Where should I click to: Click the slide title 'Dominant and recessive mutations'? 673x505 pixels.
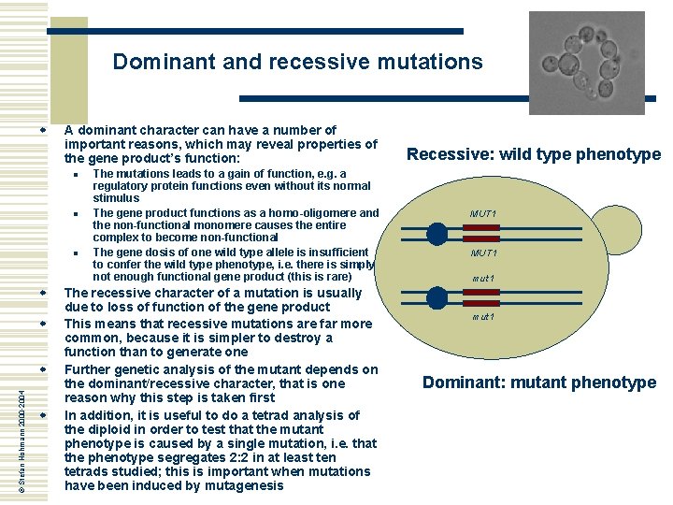pos(297,63)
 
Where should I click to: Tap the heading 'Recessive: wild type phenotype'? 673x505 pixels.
pos(534,154)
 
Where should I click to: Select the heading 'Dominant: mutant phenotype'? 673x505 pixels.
pos(539,382)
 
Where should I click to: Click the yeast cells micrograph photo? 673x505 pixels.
pos(587,63)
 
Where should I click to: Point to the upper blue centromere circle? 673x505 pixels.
pos(437,233)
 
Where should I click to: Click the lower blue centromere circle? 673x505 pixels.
pos(437,298)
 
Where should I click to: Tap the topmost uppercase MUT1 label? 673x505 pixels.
pos(483,214)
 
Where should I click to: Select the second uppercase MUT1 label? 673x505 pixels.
pos(483,253)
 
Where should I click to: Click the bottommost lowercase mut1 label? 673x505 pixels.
pos(483,317)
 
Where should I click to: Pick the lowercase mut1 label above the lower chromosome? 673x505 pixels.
pos(483,279)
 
